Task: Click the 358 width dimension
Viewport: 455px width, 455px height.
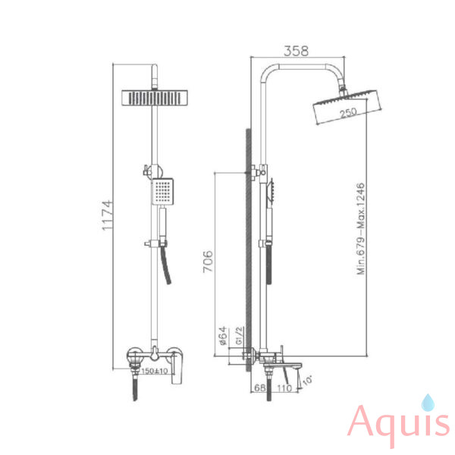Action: (296, 51)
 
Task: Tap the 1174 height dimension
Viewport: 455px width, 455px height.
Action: (107, 215)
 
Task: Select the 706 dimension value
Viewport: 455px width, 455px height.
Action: (208, 262)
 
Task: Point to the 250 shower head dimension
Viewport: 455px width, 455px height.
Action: (348, 112)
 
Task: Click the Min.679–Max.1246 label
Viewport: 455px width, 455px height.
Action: (360, 229)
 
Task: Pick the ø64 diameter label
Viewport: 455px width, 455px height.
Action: (223, 336)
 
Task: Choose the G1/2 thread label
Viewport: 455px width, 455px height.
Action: (239, 335)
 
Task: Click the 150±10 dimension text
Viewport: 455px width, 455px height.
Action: (155, 371)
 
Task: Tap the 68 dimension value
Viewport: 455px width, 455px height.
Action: (260, 388)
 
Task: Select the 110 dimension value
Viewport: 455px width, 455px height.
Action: (284, 388)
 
